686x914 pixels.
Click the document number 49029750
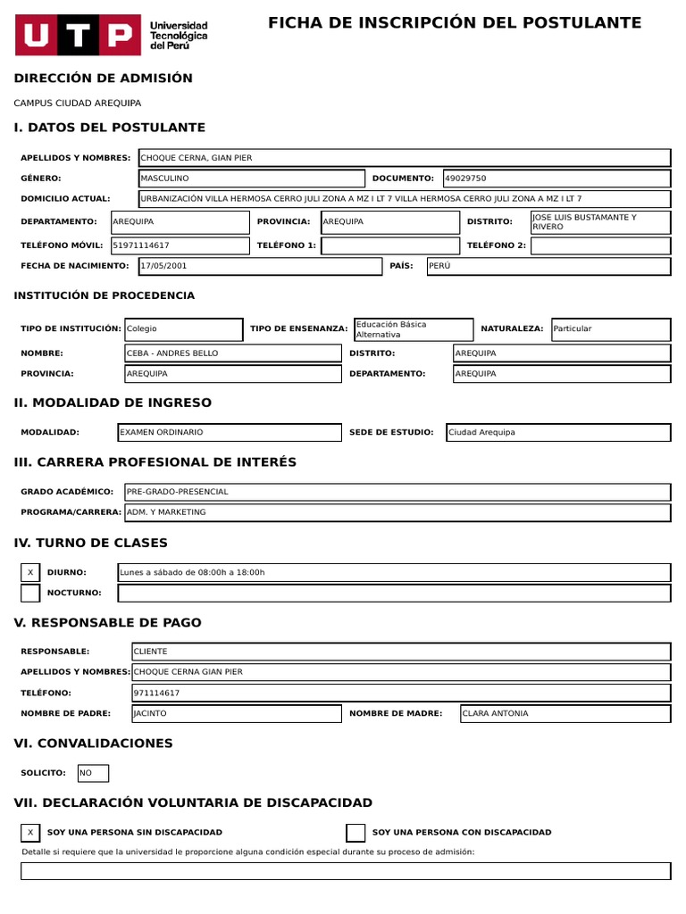coord(465,179)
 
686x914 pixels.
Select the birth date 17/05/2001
coord(164,265)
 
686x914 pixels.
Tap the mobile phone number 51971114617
coord(141,245)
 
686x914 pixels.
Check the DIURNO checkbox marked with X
coord(30,572)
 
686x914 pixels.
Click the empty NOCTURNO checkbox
coord(30,593)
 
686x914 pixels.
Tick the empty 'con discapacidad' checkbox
coord(356,833)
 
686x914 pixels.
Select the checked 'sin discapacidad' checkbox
coord(30,833)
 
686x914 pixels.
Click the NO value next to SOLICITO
coord(87,773)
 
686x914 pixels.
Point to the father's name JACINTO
coord(150,713)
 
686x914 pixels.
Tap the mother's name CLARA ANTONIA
coord(495,713)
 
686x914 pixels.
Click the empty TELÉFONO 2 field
coord(600,245)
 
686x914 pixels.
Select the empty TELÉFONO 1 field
coord(389,245)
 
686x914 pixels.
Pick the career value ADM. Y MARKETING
coord(166,512)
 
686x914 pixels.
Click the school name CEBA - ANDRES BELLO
coord(172,353)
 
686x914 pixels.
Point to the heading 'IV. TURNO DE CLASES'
coord(91,543)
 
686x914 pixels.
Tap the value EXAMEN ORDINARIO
coord(162,432)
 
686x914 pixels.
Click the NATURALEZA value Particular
coord(573,328)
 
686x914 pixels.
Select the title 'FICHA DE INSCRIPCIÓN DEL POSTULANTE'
coord(455,23)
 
